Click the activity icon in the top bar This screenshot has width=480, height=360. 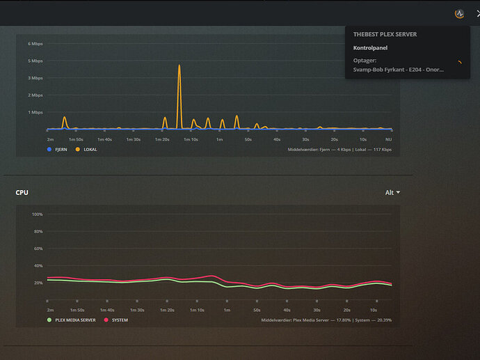458,13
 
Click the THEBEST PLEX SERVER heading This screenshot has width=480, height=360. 385,33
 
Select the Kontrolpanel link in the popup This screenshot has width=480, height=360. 370,48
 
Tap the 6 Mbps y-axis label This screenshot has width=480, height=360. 35,43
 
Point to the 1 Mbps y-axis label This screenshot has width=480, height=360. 35,112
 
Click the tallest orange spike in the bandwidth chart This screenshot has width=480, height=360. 179,67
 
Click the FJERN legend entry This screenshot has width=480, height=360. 59,149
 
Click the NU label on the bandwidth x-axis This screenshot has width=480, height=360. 389,139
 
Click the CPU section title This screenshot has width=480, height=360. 22,192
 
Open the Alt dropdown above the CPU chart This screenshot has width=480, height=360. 392,192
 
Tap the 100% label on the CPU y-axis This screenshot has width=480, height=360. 38,214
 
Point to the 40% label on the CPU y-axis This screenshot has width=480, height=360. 38,266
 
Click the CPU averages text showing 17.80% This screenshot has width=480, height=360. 326,320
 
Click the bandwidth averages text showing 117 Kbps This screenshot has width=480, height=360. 339,149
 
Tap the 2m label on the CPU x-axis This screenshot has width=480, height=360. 50,310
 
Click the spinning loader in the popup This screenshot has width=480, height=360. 458,63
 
